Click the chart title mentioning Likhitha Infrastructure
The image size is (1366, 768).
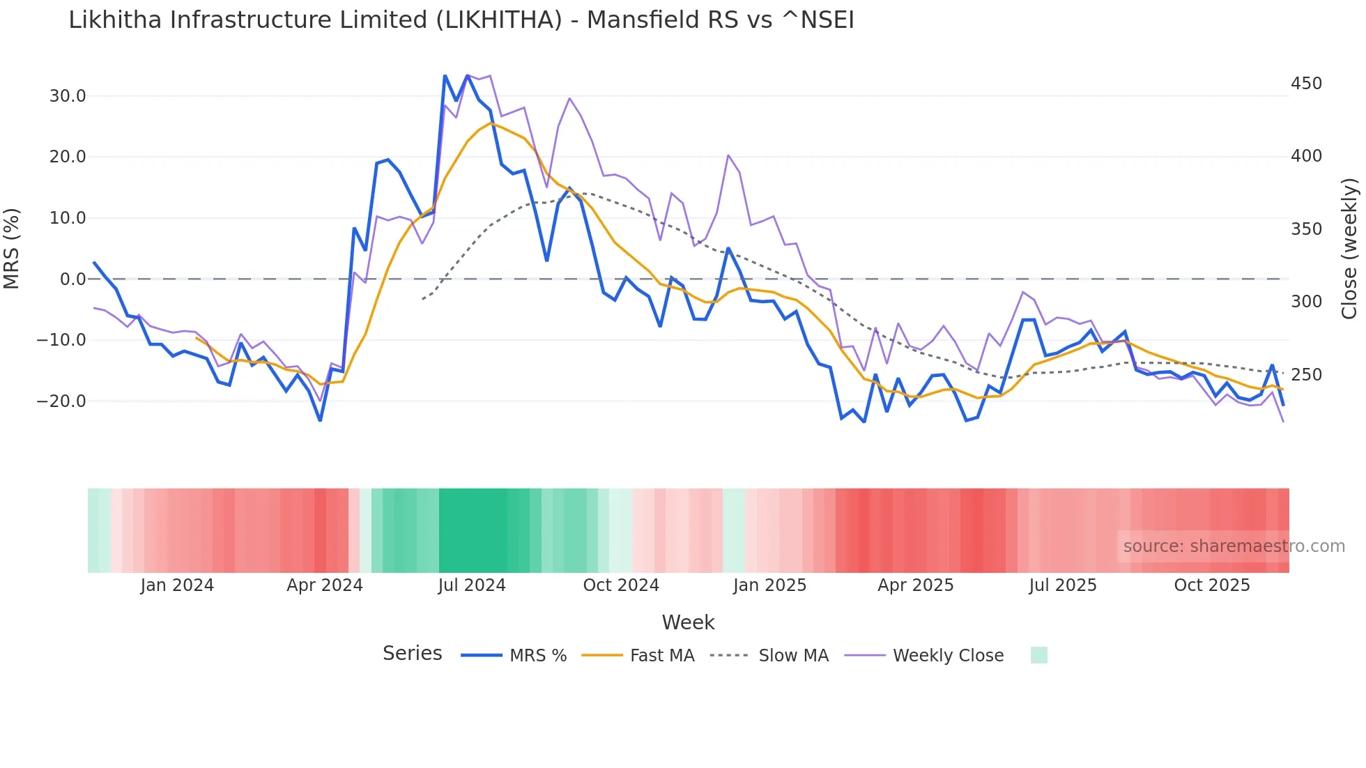coord(461,20)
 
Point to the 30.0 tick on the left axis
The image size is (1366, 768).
coord(68,96)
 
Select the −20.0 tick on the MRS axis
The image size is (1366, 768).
coord(62,401)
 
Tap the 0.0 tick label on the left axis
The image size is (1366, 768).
coord(72,279)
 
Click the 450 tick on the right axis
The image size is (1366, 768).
coord(1306,84)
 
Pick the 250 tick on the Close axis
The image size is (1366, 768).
coord(1306,375)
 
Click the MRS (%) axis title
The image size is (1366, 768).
coord(12,249)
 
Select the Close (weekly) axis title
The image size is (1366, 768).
coord(1349,249)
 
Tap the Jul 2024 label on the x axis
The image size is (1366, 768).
coord(472,585)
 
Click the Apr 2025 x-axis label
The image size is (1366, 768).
coord(915,585)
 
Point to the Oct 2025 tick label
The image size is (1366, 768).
coord(1212,585)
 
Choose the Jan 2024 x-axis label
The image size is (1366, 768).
coord(177,585)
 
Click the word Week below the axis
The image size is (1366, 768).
coord(688,622)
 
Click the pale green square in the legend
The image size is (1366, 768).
coord(1038,655)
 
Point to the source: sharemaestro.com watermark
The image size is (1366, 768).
coord(1234,546)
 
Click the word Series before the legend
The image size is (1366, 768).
coord(412,654)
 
